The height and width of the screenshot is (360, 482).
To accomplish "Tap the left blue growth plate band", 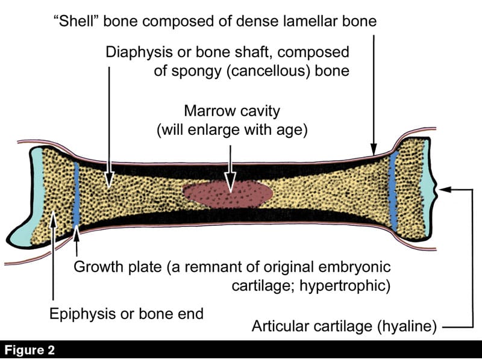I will [x=77, y=194].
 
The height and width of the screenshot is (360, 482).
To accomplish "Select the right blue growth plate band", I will [x=393, y=191].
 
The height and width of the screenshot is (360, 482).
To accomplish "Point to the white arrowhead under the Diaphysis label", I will [x=109, y=179].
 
